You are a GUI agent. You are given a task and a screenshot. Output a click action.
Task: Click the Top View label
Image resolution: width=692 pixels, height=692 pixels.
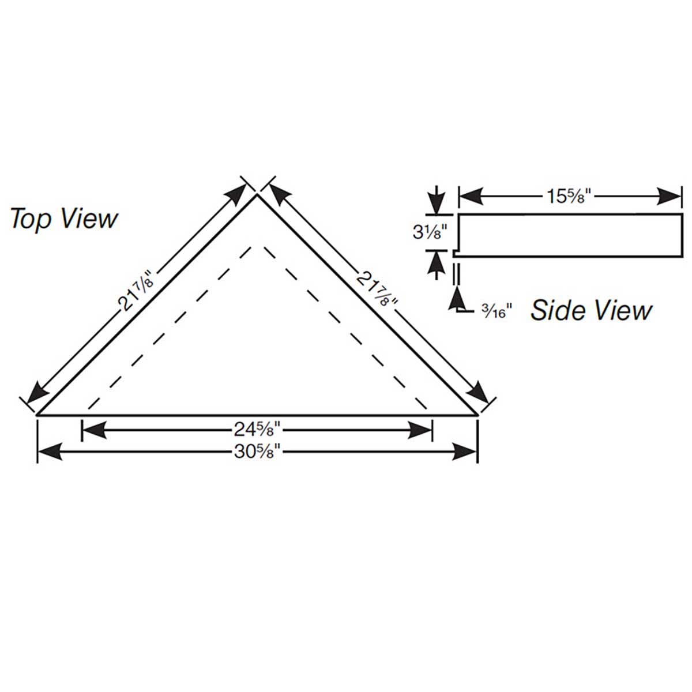(x=64, y=219)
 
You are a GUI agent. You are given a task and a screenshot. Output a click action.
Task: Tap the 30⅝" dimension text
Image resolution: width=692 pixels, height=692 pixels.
(x=257, y=452)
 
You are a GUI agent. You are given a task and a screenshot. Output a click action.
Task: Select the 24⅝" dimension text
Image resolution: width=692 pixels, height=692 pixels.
(x=257, y=429)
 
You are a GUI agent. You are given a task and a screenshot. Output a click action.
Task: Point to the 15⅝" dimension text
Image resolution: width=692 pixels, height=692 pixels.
(x=569, y=197)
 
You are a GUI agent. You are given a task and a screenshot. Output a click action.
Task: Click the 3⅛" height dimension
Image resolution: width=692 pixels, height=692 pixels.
(x=431, y=232)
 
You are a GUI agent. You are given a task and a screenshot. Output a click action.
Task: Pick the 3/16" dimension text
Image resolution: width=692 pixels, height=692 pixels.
(x=497, y=311)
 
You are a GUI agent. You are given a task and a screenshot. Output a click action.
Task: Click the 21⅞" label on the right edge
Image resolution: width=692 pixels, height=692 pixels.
(x=377, y=289)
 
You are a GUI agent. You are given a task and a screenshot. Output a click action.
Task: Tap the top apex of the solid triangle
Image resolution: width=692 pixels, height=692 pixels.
(x=257, y=195)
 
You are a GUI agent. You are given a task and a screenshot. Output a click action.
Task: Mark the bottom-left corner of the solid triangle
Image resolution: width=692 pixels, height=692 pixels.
(x=37, y=415)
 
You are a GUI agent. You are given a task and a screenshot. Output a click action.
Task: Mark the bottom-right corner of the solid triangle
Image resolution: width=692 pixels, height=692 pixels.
(x=477, y=415)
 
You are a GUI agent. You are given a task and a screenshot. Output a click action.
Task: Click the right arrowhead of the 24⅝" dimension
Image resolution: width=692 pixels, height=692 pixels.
(x=420, y=429)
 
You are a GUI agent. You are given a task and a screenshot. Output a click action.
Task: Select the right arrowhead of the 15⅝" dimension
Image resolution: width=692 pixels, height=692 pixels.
(x=669, y=197)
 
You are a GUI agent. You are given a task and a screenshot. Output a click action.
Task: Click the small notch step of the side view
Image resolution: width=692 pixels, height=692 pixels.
(x=456, y=253)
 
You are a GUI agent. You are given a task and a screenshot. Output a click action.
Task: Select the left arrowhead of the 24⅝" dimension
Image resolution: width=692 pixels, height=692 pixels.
(x=95, y=429)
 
